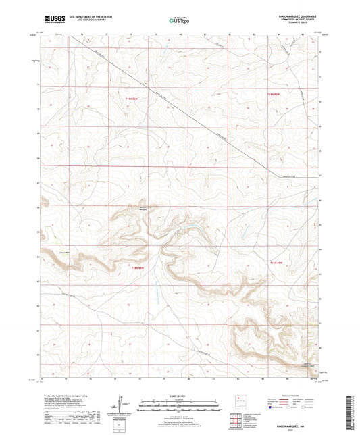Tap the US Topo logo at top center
(x=178, y=20)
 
